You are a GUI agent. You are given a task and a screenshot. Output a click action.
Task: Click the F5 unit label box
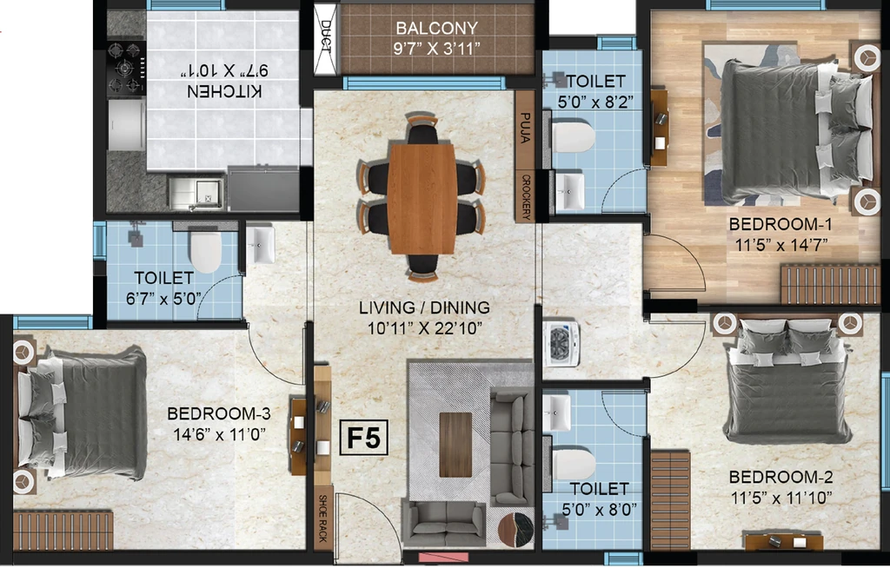(x=364, y=438)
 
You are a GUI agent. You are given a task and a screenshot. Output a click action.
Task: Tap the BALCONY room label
(x=436, y=28)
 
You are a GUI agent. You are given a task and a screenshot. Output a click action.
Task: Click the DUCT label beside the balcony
(x=325, y=36)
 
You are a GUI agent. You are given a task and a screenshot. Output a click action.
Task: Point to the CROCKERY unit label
(x=526, y=196)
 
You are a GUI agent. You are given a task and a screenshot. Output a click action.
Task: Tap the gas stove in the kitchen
(x=126, y=68)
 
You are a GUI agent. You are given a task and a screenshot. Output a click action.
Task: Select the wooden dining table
(x=422, y=198)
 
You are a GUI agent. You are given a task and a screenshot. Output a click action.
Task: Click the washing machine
(x=562, y=343)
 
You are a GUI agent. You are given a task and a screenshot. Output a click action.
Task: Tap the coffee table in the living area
(x=455, y=445)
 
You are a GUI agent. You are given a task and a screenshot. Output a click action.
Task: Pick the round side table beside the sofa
(x=515, y=530)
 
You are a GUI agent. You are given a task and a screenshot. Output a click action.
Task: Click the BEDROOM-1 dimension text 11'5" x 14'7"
(x=781, y=245)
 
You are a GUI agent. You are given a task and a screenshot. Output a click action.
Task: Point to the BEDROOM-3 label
(x=219, y=413)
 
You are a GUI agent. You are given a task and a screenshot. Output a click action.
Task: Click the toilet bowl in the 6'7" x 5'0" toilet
(x=205, y=251)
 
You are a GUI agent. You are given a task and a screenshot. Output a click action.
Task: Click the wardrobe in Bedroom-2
(x=671, y=500)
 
